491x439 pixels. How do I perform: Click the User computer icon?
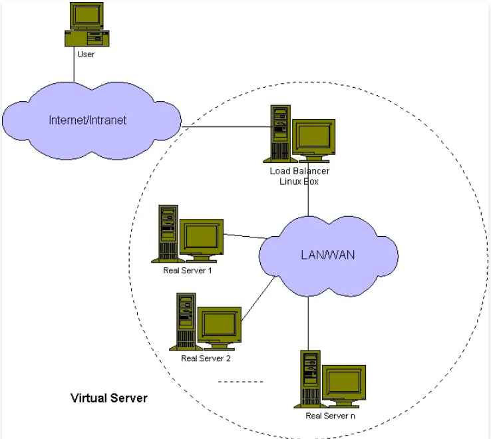pyautogui.click(x=86, y=24)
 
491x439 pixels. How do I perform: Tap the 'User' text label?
pyautogui.click(x=86, y=55)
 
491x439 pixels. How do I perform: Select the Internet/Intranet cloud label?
pyautogui.click(x=88, y=120)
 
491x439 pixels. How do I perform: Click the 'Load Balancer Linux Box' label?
pyautogui.click(x=299, y=176)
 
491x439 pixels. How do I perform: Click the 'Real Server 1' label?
pyautogui.click(x=187, y=271)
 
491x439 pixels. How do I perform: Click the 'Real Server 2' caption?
pyautogui.click(x=206, y=359)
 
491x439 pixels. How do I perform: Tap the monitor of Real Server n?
pyautogui.click(x=343, y=382)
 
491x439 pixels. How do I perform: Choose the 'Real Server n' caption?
pyautogui.click(x=331, y=416)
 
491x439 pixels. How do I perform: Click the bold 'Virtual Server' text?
pyautogui.click(x=109, y=398)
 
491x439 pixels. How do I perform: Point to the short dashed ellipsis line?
pyautogui.click(x=241, y=382)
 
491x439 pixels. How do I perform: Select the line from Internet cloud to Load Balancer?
pyautogui.click(x=226, y=127)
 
